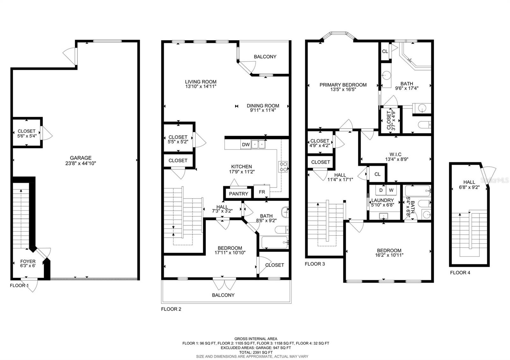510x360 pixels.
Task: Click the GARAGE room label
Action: tap(81, 158)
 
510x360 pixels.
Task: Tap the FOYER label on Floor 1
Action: tap(28, 261)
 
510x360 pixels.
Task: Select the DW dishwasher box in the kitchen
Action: tap(246, 145)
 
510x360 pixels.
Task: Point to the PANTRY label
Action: tap(238, 194)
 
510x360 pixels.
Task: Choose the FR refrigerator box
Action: tap(262, 192)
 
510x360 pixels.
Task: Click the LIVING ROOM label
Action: tap(200, 82)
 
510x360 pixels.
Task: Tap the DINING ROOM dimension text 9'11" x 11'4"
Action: tap(263, 110)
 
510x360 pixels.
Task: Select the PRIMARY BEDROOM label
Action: tap(343, 85)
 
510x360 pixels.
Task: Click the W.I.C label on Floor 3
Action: tap(396, 154)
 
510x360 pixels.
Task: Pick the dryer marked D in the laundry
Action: tap(381, 190)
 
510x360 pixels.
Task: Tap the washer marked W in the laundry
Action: tap(391, 190)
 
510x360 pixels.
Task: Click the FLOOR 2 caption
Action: tap(171, 309)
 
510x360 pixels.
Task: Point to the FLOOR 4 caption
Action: tap(460, 273)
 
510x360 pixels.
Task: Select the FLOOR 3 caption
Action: tap(315, 264)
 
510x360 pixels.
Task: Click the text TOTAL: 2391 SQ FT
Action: tap(256, 352)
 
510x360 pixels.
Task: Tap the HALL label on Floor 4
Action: tap(469, 182)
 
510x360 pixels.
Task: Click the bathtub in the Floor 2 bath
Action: tap(274, 242)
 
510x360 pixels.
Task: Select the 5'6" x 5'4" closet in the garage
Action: tap(27, 133)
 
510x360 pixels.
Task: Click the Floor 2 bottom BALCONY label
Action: tap(223, 295)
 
